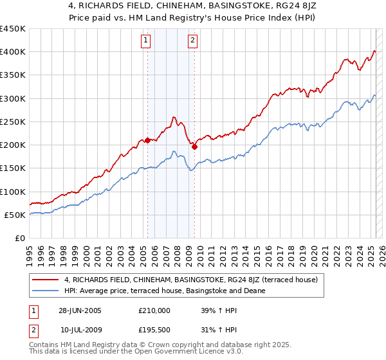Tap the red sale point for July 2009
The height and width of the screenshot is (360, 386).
click(x=194, y=147)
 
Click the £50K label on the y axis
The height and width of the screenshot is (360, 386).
click(x=15, y=215)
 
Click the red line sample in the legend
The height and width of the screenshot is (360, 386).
click(x=46, y=280)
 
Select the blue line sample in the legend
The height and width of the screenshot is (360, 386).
click(x=46, y=291)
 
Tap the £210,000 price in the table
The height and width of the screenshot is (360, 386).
click(x=154, y=310)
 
